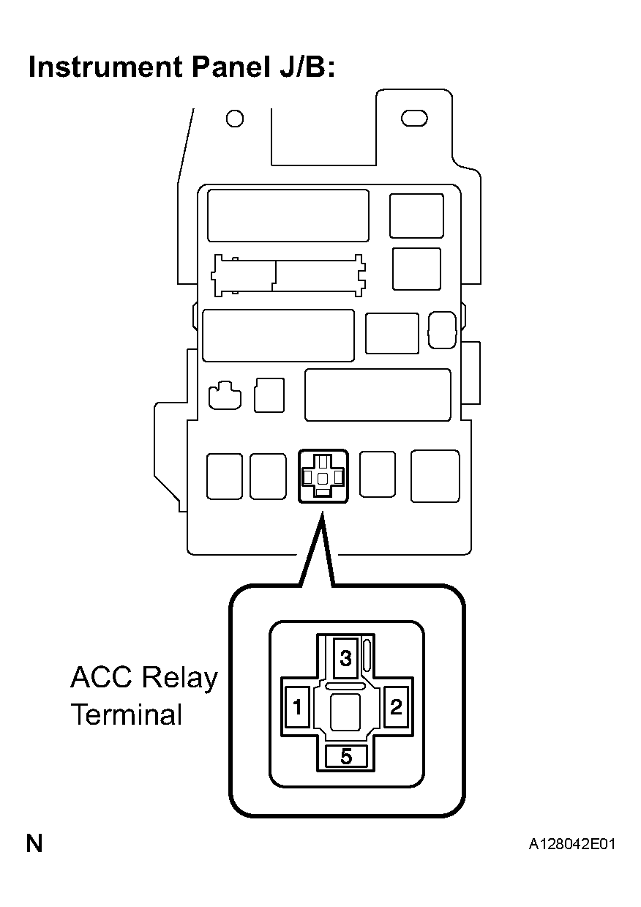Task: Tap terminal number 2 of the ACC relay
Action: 396,706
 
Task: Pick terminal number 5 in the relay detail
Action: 346,755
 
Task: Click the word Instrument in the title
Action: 105,67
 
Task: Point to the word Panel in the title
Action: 230,67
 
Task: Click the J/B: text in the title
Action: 307,67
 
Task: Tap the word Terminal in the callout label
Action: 127,714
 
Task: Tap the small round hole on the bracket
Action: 235,119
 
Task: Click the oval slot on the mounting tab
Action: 414,119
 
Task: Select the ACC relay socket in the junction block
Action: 323,476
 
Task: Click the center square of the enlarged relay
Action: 345,712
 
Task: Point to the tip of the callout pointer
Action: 323,512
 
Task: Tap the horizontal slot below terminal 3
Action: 345,686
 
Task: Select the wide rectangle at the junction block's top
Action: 288,215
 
